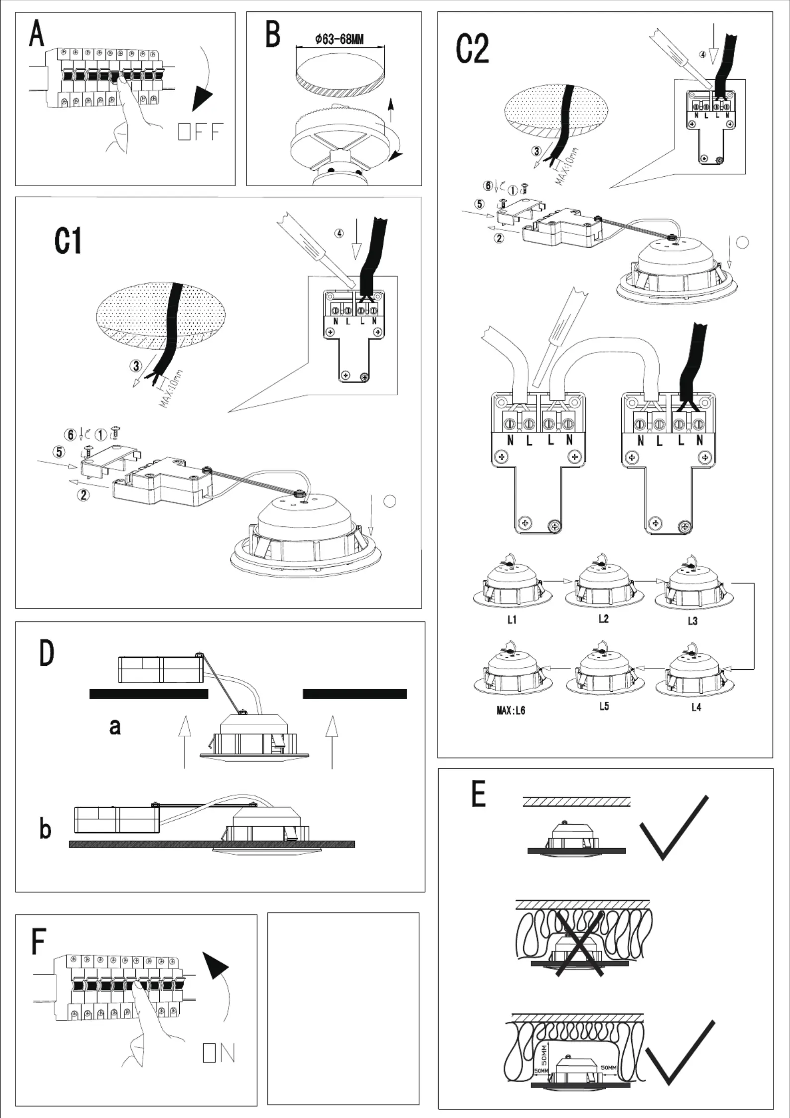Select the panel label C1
68,243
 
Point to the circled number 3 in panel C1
135,367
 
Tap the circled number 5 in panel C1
59,452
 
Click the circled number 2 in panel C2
499,238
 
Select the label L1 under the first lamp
512,620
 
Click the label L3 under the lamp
692,621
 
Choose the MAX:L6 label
511,711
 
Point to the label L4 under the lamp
696,707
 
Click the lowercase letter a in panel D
115,727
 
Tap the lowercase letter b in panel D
45,829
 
